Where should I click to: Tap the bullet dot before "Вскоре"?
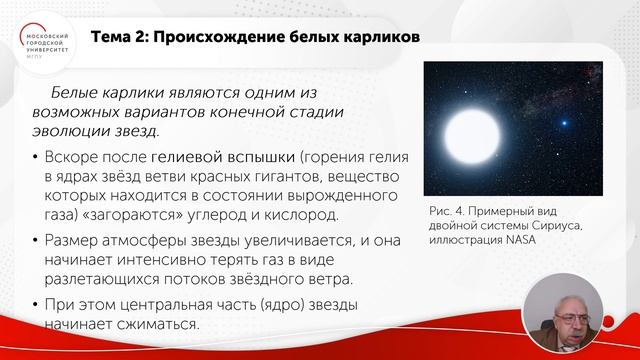click(37, 159)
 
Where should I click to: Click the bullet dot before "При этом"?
click(37, 304)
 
